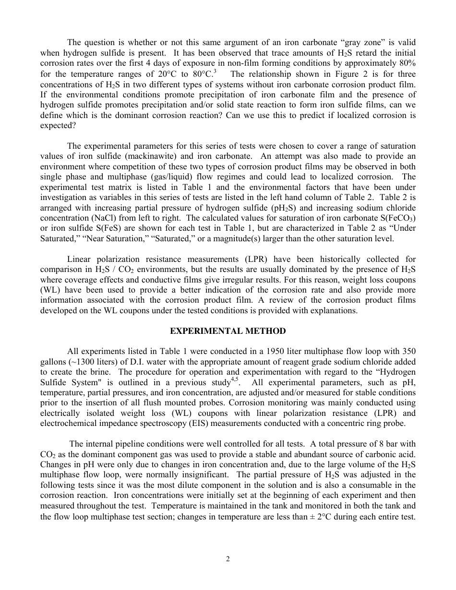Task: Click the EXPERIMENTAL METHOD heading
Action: point(228,331)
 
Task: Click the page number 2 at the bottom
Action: point(228,558)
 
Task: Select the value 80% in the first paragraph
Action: point(407,63)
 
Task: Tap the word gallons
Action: point(53,362)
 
